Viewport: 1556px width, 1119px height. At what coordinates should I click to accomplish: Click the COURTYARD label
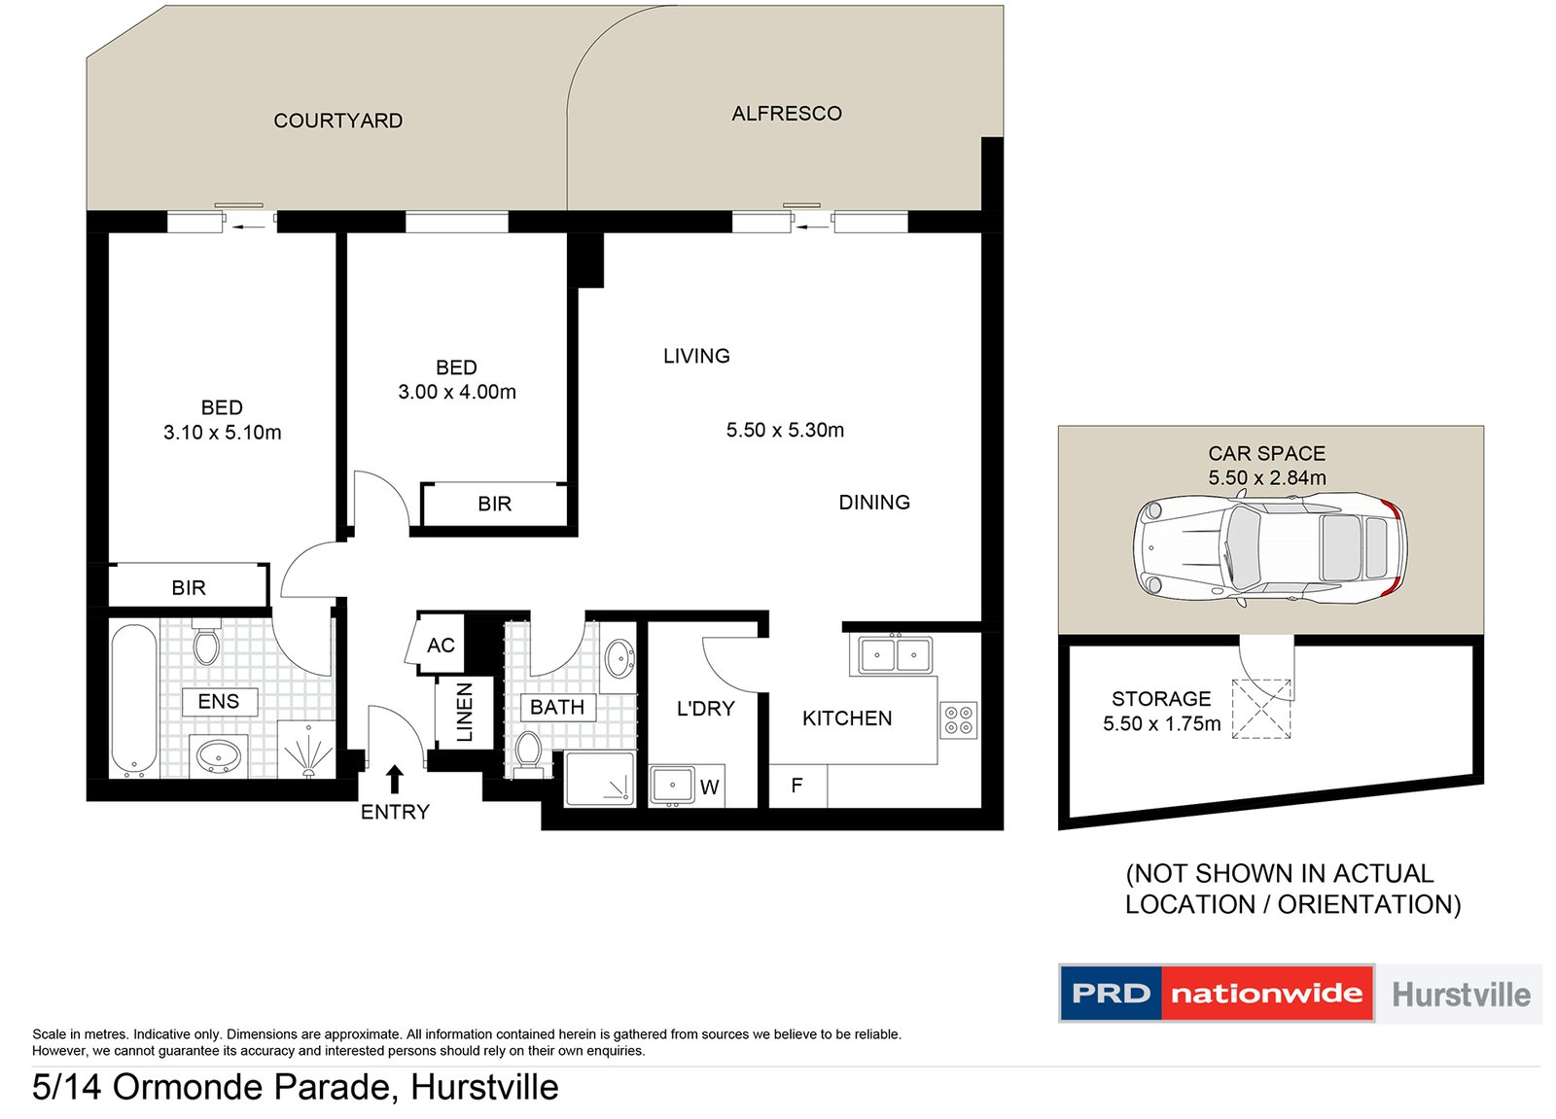coord(337,121)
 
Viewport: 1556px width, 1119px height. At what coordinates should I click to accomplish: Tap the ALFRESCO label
coord(786,114)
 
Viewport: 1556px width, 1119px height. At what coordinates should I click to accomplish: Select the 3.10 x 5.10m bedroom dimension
coord(222,433)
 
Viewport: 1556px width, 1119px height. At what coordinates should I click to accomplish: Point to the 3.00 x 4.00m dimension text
coord(456,392)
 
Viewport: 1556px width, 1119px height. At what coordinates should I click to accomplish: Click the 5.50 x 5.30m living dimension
coord(784,430)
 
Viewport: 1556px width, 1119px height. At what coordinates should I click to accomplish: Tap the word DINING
coord(873,503)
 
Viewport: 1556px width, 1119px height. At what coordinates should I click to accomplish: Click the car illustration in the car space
coord(1268,547)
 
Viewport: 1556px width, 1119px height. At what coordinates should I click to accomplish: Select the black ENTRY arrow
coord(394,779)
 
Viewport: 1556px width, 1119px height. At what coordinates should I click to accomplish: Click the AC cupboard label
coord(441,646)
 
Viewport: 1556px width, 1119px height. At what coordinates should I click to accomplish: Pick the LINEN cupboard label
coord(465,712)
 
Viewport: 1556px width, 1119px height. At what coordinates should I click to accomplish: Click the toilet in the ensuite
coord(206,643)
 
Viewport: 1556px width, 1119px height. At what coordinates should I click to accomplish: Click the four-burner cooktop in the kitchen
coord(958,720)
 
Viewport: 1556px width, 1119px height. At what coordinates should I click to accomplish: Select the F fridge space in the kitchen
coord(796,786)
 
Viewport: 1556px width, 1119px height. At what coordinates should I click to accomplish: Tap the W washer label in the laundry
coord(709,787)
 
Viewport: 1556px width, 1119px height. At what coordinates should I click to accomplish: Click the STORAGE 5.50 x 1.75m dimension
coord(1161,723)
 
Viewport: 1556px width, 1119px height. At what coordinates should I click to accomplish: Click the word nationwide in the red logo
coord(1266,994)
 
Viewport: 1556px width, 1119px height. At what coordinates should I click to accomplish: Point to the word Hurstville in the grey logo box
coord(1460,995)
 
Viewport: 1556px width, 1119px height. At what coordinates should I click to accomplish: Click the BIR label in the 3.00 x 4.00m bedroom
coord(494,504)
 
